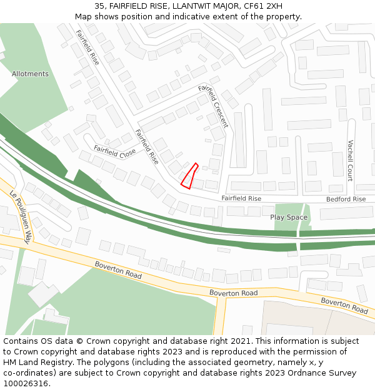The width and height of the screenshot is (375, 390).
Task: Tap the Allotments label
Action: [30, 74]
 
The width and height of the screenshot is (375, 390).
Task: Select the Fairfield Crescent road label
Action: [213, 107]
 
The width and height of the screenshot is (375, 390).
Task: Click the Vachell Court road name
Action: [351, 160]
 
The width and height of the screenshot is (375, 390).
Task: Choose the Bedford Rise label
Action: [346, 199]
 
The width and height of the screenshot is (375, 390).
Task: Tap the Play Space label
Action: [289, 217]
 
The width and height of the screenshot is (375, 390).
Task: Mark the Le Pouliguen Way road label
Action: [20, 217]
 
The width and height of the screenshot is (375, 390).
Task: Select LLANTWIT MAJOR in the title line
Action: [197, 6]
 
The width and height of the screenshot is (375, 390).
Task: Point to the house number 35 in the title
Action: [99, 6]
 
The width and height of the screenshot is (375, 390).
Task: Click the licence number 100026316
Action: [26, 384]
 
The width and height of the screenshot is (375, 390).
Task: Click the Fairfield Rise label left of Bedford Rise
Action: [241, 198]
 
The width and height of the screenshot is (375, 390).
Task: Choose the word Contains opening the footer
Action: [21, 341]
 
